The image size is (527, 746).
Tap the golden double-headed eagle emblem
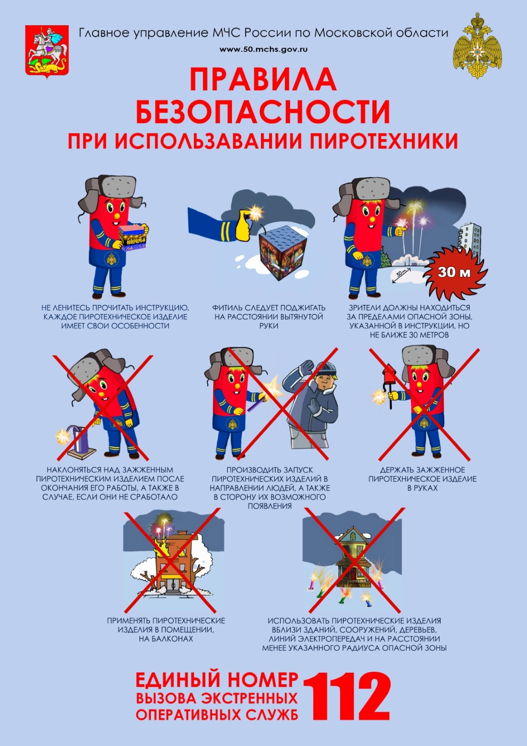[x=478, y=46]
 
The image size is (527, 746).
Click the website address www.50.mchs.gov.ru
[x=263, y=49]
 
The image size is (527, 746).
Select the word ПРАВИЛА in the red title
[x=263, y=79]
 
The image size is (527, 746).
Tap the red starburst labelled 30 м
[x=455, y=273]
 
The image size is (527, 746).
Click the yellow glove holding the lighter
[x=245, y=228]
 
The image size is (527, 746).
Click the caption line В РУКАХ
[x=422, y=488]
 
